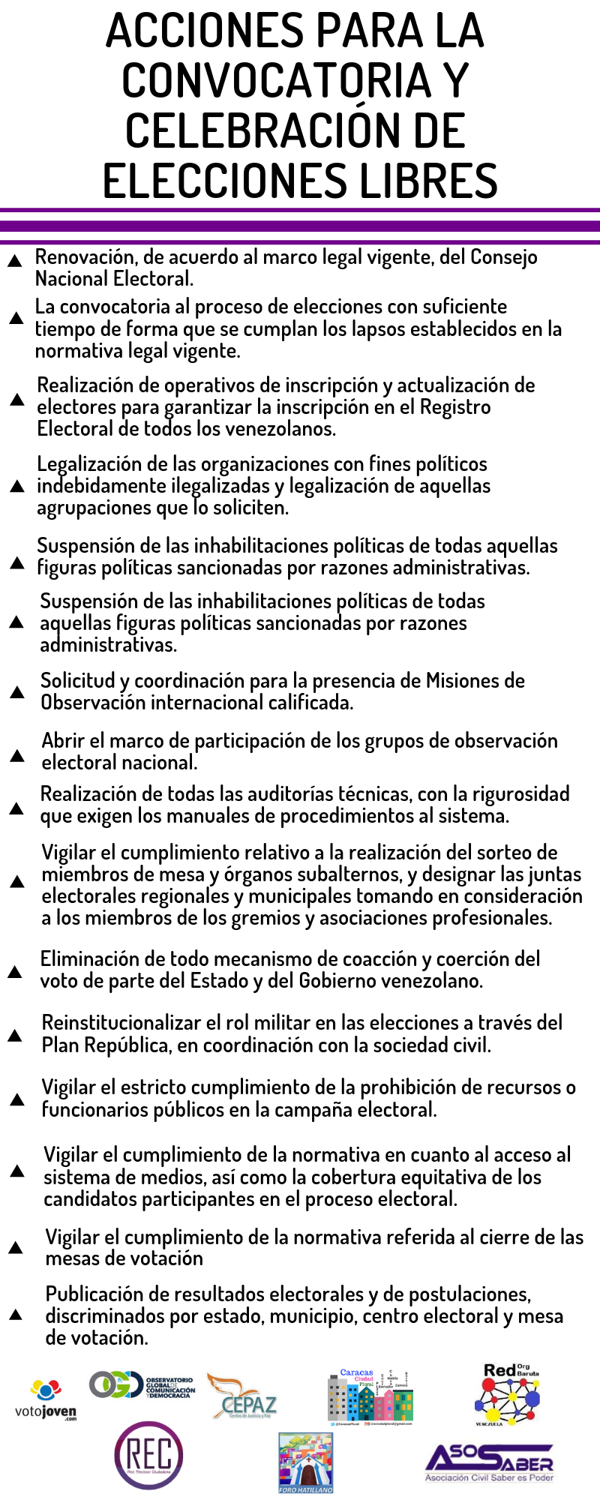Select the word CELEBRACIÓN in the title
[x=255, y=130]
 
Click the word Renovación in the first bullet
[x=85, y=257]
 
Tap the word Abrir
[x=62, y=741]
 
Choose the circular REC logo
[x=148, y=1456]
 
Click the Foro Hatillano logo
[x=305, y=1462]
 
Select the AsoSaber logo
[x=489, y=1462]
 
